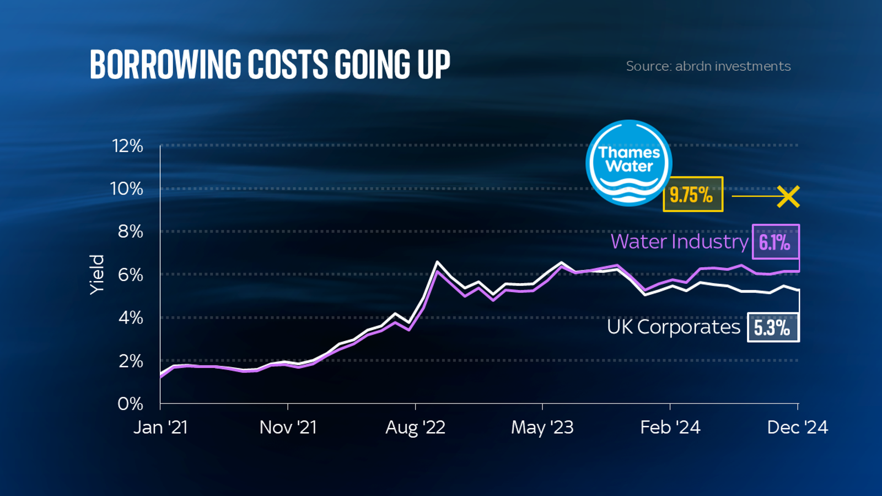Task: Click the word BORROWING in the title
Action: (x=165, y=64)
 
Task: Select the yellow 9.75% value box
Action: (x=692, y=194)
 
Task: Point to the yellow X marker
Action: (x=788, y=196)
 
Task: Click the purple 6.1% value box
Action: (x=775, y=242)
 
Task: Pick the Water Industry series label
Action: (x=679, y=241)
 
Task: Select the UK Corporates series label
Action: (x=673, y=327)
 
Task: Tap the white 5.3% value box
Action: (x=772, y=327)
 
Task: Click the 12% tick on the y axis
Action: (x=127, y=146)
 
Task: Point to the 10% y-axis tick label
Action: (x=126, y=189)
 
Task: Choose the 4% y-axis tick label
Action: (x=130, y=318)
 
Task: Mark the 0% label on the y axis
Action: (x=130, y=404)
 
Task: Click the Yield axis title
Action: (x=97, y=274)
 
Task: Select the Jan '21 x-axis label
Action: (x=160, y=428)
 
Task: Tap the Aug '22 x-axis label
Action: (x=415, y=428)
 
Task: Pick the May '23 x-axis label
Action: (x=542, y=428)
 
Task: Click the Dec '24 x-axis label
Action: (x=797, y=428)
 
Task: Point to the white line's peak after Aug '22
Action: (x=437, y=262)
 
